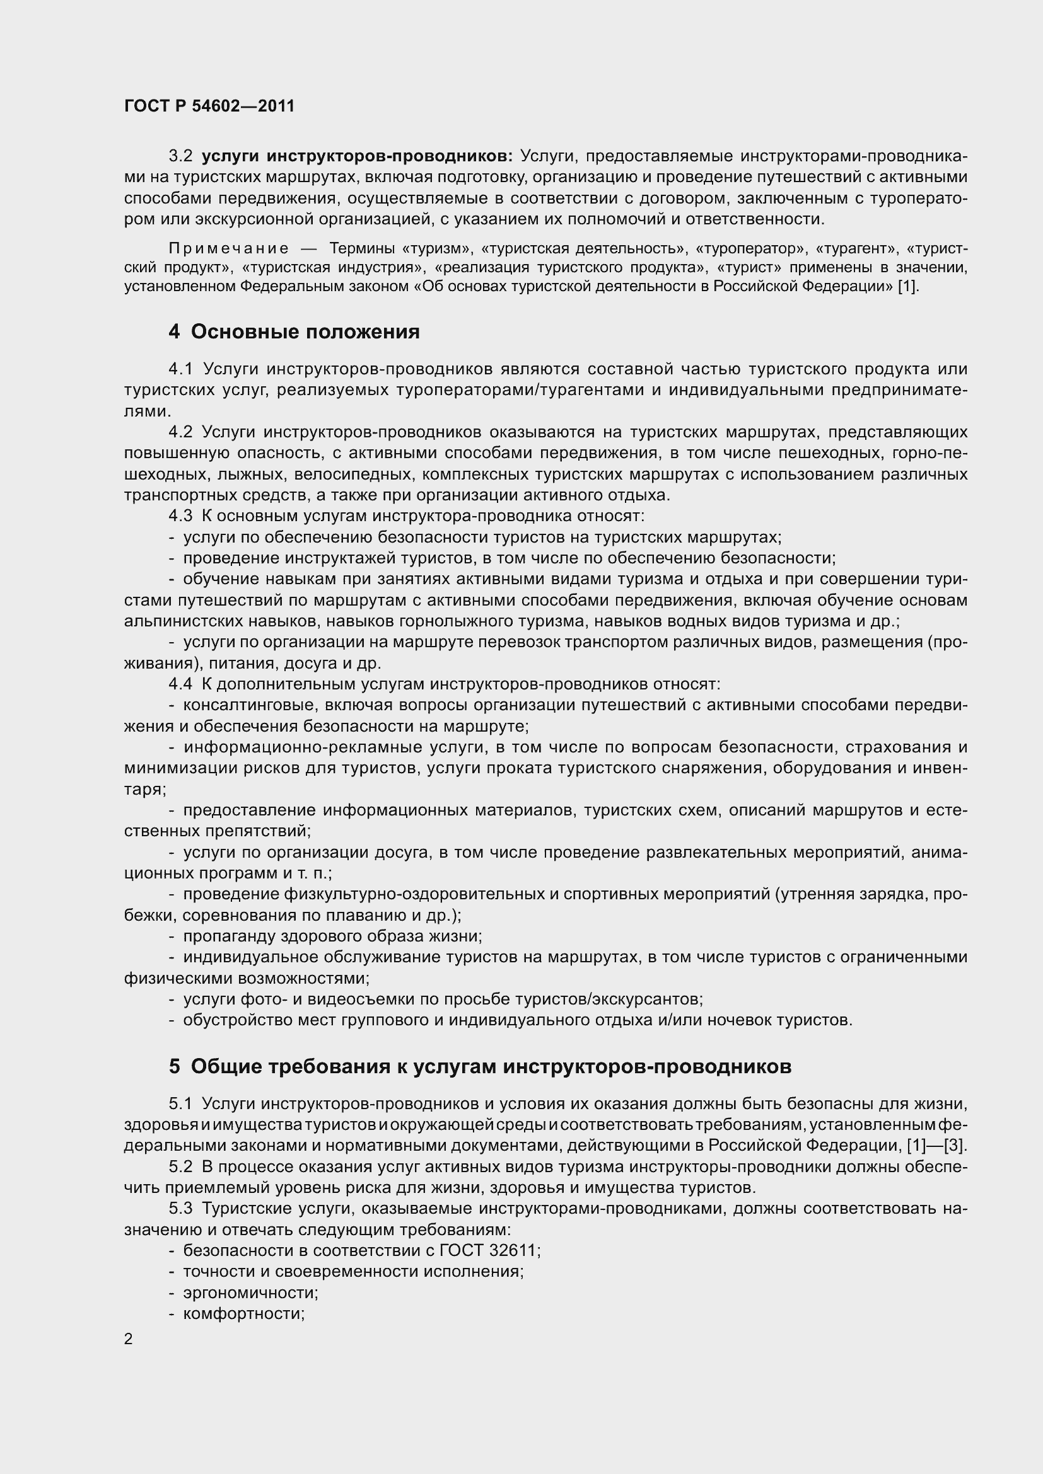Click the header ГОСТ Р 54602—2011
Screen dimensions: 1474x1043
209,106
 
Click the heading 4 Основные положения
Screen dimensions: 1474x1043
294,332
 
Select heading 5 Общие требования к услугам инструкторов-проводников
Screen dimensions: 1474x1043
480,1066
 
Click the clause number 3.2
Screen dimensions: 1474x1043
180,156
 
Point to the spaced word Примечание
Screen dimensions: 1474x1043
229,248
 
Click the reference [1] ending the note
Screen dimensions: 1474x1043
907,286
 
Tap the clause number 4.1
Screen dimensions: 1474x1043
180,369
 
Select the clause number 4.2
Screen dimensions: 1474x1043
180,432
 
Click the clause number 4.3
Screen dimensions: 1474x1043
180,516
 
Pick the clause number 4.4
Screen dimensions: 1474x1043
180,684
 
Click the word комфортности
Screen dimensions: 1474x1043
243,1313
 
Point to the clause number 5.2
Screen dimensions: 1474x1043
180,1166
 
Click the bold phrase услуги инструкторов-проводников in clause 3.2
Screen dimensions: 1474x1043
357,156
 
